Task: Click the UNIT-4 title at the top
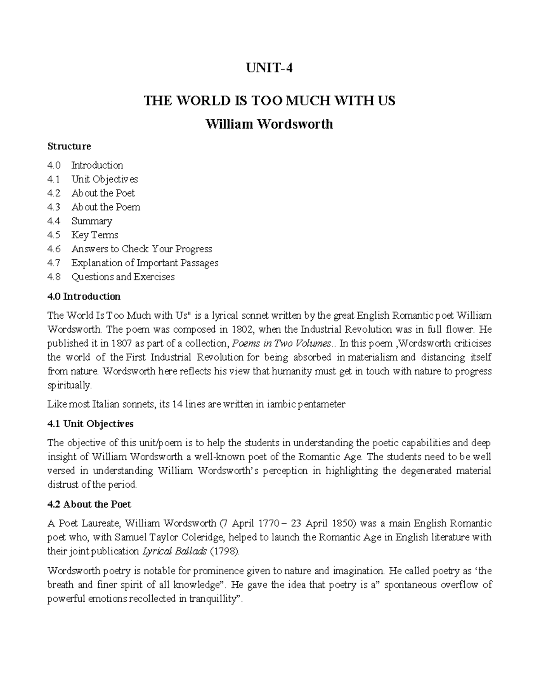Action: click(269, 69)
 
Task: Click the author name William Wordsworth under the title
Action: click(269, 124)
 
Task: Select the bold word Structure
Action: click(69, 146)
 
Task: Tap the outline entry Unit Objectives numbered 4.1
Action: click(104, 179)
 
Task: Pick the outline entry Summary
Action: click(92, 221)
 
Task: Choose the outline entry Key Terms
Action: click(95, 235)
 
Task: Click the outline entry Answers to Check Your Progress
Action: click(141, 249)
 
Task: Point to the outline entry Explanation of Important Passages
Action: click(145, 263)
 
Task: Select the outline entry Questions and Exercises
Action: click(123, 276)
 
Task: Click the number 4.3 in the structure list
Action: click(53, 207)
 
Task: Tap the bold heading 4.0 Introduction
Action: click(84, 296)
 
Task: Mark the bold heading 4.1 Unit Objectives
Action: click(90, 424)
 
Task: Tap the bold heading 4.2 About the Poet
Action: click(89, 504)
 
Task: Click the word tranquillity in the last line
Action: click(212, 599)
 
